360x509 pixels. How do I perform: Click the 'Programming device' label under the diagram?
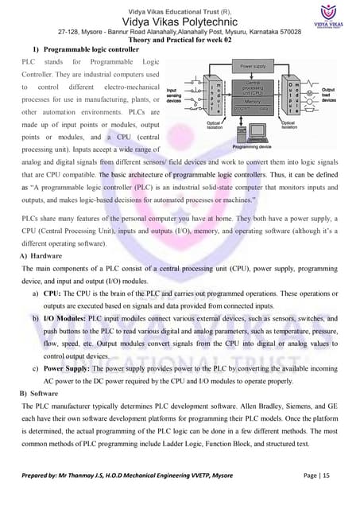coord(254,146)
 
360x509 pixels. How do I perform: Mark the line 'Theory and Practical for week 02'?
coord(180,41)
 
